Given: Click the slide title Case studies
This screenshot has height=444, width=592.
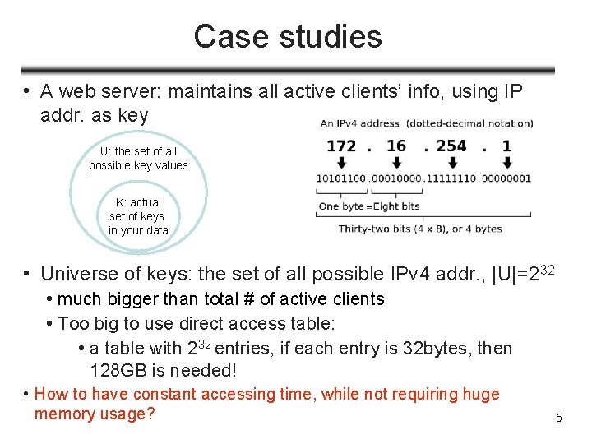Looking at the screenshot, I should tap(288, 37).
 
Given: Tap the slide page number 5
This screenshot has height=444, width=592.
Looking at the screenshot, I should tap(559, 419).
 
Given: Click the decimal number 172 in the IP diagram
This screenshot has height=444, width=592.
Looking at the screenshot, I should tap(341, 146).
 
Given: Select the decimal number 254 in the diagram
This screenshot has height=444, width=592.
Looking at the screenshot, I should tap(451, 146).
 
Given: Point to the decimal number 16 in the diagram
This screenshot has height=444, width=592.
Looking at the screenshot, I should tap(396, 146).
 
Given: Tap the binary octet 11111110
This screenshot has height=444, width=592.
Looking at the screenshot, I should tap(451, 178).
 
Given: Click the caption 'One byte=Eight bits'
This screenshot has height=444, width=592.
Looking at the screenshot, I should tap(369, 206).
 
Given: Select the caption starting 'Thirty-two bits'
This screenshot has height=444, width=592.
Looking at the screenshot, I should tap(419, 229).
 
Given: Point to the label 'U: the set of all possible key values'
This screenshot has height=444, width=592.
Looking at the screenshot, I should tap(138, 158).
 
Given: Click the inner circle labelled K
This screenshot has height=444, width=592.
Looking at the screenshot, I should tap(138, 215).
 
